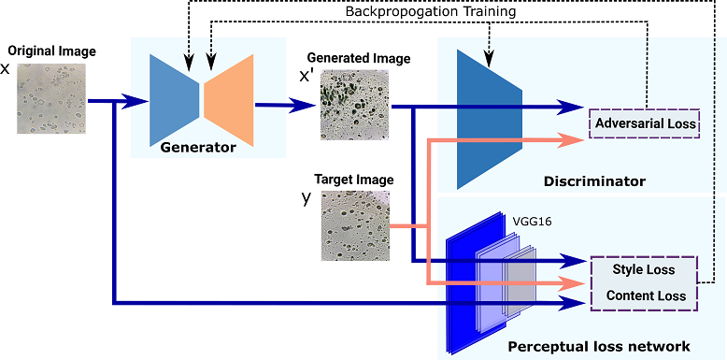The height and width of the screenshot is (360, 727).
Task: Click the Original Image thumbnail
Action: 50,97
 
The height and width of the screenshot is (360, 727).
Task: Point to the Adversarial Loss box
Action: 645,122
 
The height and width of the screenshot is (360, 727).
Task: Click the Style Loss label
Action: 644,271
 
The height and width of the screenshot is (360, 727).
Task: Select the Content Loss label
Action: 644,295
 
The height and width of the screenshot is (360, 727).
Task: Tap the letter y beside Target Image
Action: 305,197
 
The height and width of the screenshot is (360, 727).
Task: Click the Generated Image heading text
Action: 359,59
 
